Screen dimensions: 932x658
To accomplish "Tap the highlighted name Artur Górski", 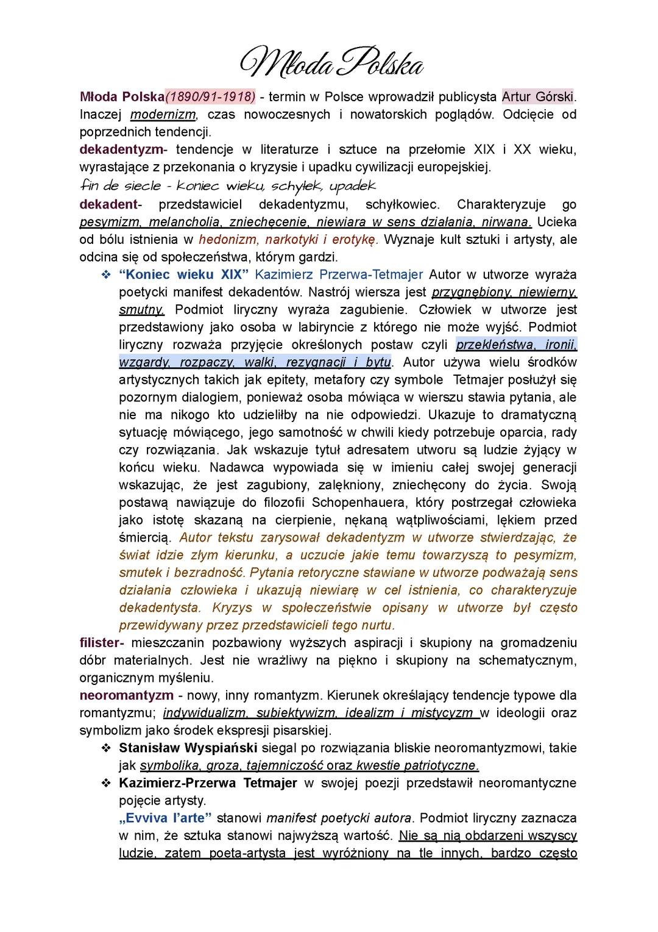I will tap(537, 97).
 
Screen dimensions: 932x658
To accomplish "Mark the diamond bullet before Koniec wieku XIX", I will tap(106, 275).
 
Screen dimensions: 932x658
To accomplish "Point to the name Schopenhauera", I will tap(359, 503).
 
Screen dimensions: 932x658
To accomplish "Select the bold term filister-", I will tap(102, 643).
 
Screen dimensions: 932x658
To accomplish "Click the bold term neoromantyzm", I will tap(126, 696).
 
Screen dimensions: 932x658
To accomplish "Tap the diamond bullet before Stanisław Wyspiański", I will tap(106, 748).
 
